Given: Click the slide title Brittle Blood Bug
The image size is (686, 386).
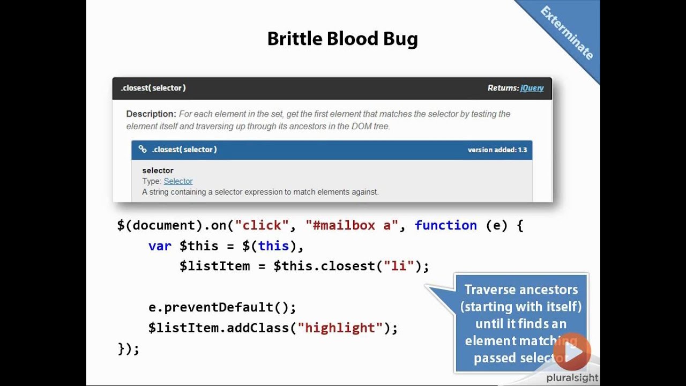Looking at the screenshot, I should pos(342,39).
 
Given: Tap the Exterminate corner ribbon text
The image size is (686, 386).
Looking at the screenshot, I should pos(566,33).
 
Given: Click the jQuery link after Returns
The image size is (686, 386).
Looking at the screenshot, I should pos(532,88).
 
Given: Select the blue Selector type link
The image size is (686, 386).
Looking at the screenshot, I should pos(178,181).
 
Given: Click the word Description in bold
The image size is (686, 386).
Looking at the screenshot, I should pos(151,114).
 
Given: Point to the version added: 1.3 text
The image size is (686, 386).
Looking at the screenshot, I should pos(497,150).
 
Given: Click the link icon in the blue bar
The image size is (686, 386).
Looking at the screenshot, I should pos(143,150).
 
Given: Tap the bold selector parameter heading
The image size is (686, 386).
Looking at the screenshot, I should pos(158,170).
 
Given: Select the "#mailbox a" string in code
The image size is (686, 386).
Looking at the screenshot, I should pos(352,225).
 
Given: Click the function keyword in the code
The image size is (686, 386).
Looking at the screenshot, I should pos(445,225).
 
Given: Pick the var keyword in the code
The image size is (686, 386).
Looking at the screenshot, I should pos(160,246).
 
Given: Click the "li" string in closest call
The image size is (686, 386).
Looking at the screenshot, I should pos(399,266).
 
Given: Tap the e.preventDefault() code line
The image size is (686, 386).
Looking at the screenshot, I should pos(222,307).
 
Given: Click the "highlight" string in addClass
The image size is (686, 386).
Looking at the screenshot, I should pos(340,328).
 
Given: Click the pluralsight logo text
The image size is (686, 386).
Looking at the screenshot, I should pos(572,378).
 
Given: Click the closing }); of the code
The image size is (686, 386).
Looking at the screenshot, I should pos(128,348).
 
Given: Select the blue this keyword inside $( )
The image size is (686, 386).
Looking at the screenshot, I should pos(273,246).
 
